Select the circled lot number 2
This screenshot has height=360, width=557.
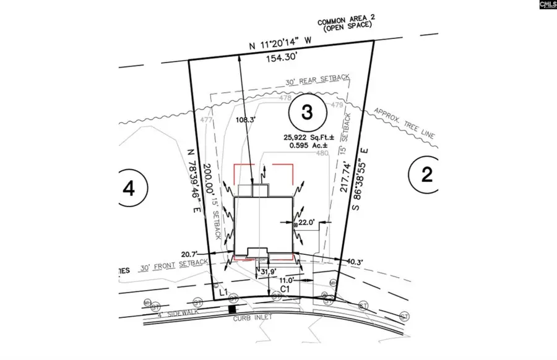tap(426, 175)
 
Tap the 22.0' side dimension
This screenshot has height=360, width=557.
tap(306, 221)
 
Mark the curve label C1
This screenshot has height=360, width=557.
tap(286, 288)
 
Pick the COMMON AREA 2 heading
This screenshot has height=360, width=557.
tap(344, 22)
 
